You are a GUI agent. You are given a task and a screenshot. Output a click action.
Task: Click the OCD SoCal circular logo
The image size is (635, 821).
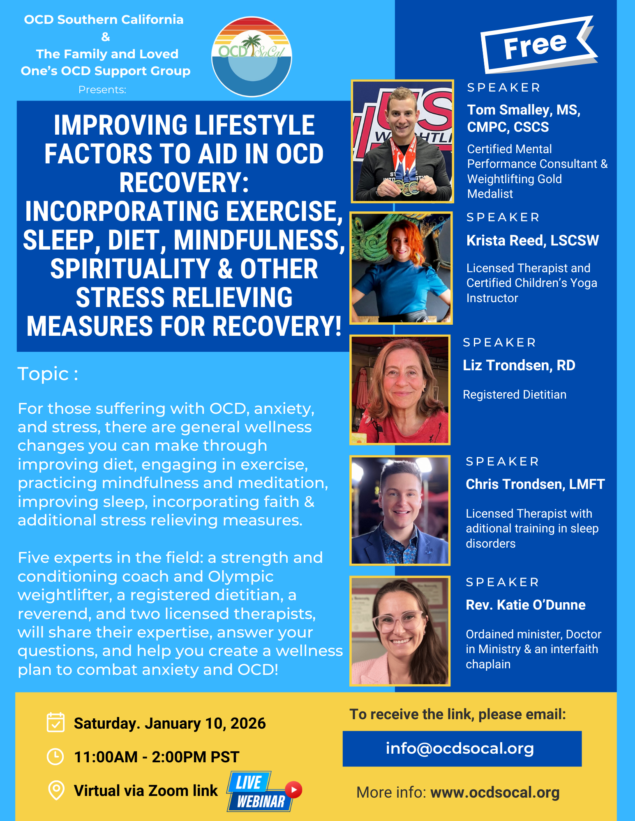coord(252,57)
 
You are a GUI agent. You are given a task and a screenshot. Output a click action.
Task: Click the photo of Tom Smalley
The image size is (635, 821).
coord(402,141)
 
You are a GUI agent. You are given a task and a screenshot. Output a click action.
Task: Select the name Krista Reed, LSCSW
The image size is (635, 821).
coord(533,241)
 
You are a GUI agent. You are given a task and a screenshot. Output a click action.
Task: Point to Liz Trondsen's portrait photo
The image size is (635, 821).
coord(400,390)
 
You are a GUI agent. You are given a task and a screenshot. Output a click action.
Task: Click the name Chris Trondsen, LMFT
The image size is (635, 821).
coord(535,484)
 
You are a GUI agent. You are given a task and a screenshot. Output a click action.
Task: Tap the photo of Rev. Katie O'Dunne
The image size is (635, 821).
coord(400,631)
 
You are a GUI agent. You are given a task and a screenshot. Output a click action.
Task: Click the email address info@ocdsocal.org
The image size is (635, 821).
coord(460,748)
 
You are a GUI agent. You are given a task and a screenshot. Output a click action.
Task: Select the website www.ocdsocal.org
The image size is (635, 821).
coord(495,792)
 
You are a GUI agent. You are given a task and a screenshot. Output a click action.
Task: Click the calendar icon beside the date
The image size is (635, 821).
coord(55,722)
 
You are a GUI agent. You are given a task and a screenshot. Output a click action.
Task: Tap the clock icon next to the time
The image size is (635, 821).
coord(55,757)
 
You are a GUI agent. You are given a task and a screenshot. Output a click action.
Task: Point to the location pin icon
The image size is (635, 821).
coord(56,790)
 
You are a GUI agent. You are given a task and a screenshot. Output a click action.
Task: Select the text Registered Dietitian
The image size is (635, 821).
coord(515,394)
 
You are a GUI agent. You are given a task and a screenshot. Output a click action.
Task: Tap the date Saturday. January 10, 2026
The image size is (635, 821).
coord(170,723)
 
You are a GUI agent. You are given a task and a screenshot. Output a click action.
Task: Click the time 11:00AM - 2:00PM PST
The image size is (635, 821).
coord(157,757)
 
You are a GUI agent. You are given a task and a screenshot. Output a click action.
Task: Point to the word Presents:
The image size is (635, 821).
coord(102,89)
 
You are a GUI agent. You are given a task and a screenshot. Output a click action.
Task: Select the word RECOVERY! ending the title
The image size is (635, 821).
coord(277,326)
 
